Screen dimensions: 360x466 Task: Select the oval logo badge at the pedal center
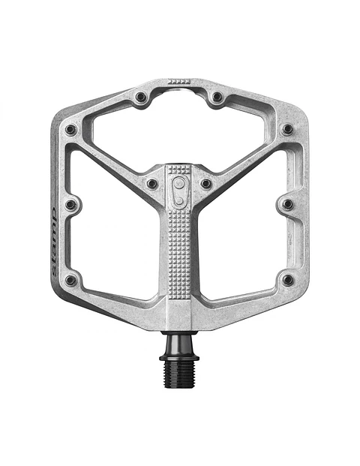tap(179, 191)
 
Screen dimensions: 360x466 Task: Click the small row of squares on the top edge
tap(178, 81)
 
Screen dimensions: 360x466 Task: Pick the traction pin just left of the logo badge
tap(152, 183)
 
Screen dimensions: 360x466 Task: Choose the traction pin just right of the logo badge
tap(206, 183)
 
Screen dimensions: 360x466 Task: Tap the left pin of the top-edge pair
tap(140, 97)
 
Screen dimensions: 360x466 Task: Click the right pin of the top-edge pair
tap(217, 97)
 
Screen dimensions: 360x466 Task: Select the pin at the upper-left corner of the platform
tap(70, 129)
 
